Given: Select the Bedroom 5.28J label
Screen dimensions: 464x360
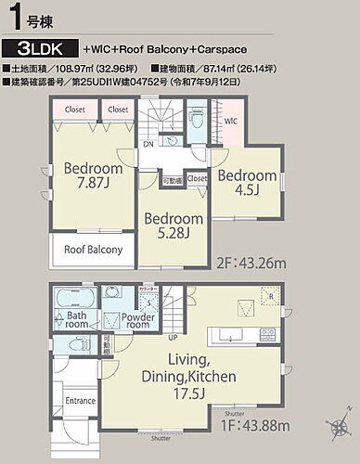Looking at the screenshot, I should [172, 226].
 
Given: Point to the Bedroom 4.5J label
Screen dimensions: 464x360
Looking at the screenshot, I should [248, 183].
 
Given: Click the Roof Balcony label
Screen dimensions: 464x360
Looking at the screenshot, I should [92, 250].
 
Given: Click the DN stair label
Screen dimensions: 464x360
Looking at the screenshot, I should [148, 144].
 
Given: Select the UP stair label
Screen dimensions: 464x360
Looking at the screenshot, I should [172, 338].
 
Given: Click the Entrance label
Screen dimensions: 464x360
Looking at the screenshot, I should [81, 401].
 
